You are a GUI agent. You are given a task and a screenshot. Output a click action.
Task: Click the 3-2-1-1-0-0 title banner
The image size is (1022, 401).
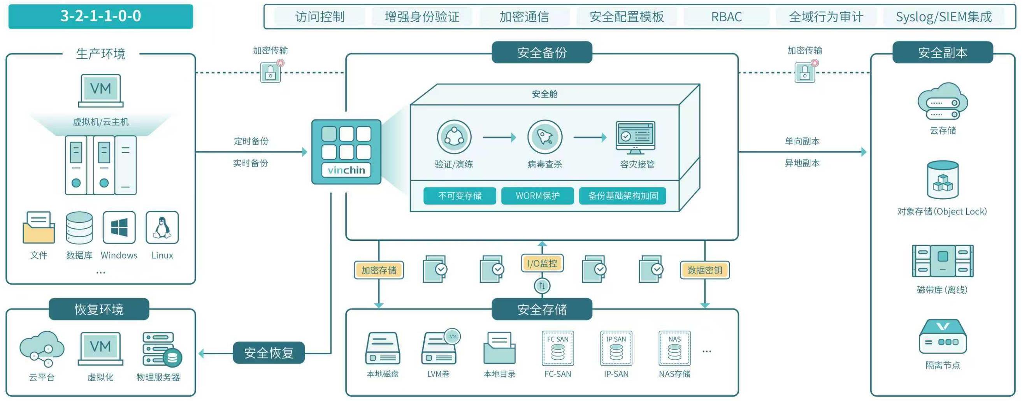point(100,16)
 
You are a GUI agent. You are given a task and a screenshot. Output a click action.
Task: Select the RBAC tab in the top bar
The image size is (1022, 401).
point(726,17)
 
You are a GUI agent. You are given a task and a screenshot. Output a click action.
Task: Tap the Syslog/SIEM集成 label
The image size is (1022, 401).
point(943,17)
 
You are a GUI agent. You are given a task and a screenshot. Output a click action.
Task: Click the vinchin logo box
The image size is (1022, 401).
point(346,152)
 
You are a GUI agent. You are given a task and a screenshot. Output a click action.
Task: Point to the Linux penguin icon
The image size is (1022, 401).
point(162,227)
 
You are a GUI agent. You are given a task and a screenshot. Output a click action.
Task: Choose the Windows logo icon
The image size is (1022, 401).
point(119,227)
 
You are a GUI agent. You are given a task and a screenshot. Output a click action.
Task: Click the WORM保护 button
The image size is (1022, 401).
point(537,196)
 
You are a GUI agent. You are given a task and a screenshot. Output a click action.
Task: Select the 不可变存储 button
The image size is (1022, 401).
point(459,196)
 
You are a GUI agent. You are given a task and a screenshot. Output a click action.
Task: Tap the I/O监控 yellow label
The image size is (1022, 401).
point(542,263)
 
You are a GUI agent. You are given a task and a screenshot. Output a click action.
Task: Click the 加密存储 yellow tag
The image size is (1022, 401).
point(379,270)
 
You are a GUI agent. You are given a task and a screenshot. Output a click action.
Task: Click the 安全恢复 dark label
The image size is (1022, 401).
point(269,353)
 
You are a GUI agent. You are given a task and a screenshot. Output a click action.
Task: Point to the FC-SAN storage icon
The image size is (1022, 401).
point(557,348)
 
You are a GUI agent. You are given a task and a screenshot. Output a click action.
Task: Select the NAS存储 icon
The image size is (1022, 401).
point(674,348)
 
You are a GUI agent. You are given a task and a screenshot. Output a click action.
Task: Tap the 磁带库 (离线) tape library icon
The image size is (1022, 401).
point(942,261)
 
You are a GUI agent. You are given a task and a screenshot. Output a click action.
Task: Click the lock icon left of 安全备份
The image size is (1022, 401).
point(270,72)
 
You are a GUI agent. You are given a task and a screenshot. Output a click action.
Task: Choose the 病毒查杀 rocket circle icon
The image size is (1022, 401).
point(544,137)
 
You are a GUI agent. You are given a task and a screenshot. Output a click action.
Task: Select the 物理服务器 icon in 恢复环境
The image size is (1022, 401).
point(161,349)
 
